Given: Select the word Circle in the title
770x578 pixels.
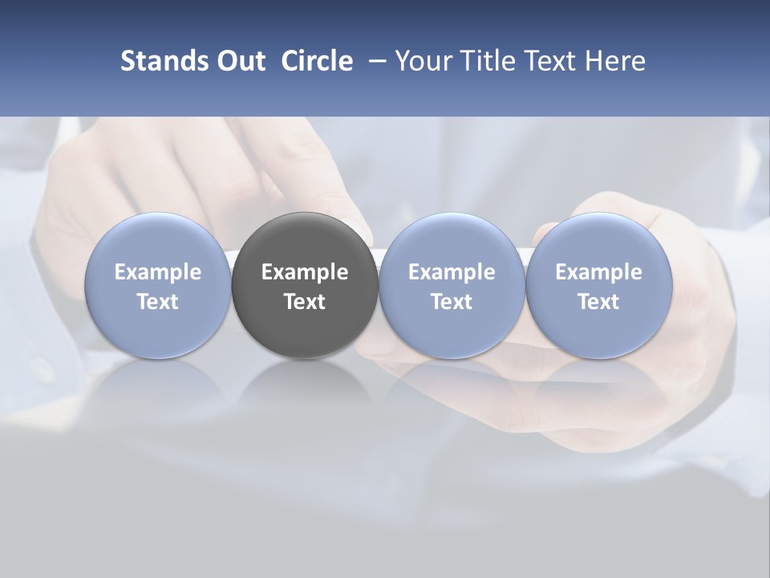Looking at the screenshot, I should (317, 61).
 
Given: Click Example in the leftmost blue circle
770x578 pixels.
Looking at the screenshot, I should (158, 272).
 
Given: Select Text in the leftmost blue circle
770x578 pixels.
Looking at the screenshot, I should (158, 302).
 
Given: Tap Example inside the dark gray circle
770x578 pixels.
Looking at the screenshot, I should (305, 272).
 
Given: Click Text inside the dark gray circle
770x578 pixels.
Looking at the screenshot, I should (305, 302).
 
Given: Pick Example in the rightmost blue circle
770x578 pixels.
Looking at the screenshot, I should (598, 272).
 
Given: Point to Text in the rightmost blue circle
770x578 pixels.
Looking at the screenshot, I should (598, 302).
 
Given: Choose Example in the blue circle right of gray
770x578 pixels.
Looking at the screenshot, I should (452, 272).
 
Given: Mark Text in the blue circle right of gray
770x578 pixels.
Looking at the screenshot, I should (452, 302).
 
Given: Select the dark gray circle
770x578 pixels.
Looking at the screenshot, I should (305, 241).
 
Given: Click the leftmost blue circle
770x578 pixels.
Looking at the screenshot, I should (158, 241).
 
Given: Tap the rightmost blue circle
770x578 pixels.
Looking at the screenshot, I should (598, 241).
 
